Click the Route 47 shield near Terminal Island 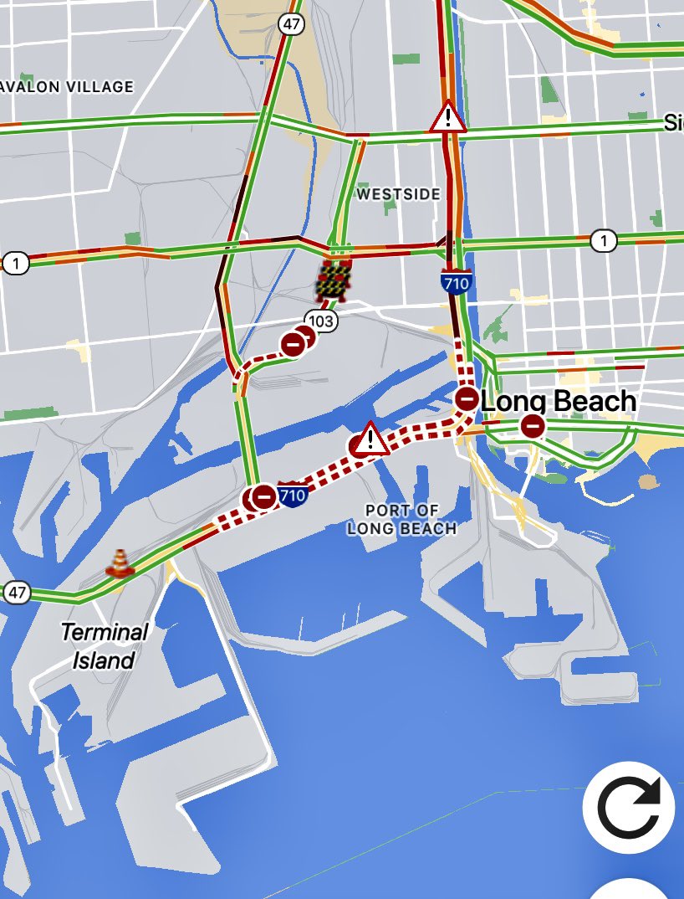[x=17, y=593]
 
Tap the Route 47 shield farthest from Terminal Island [x=291, y=24]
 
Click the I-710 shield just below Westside [x=457, y=281]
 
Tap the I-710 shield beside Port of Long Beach [x=292, y=496]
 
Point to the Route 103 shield [x=320, y=321]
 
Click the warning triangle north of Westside [x=448, y=117]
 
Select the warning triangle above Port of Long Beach [x=370, y=439]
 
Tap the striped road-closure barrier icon [x=333, y=279]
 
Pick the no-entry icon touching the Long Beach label [x=467, y=398]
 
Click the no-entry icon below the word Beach [x=533, y=427]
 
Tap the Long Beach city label [x=559, y=402]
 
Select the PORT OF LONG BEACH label [x=402, y=520]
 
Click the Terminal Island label [x=104, y=645]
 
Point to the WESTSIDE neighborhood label [x=398, y=194]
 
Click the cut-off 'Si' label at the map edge [x=673, y=123]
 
